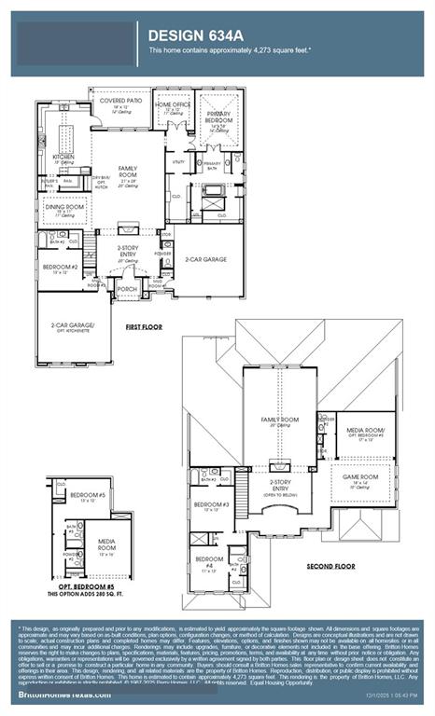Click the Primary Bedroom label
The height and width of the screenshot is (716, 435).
tap(218, 115)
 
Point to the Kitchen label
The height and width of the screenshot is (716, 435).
tap(63, 157)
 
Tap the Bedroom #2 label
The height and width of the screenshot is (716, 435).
tap(61, 267)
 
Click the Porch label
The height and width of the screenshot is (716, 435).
tap(126, 289)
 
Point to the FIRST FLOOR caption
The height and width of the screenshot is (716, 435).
tap(145, 327)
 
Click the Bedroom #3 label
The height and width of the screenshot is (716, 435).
tap(205, 505)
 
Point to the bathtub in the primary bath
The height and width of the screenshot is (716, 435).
tap(214, 190)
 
